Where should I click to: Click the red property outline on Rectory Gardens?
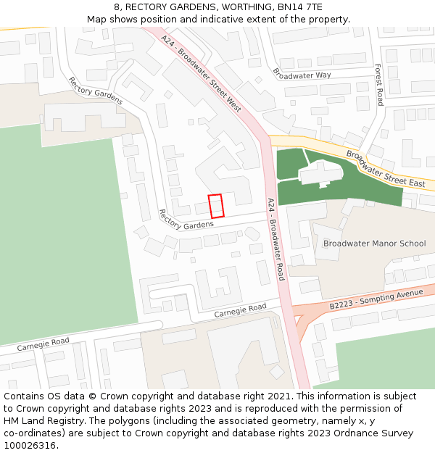tap(215, 206)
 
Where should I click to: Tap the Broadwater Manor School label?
tap(374, 244)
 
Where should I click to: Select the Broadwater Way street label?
tap(302, 75)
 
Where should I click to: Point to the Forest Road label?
tap(378, 84)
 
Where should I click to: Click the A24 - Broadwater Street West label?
tap(201, 73)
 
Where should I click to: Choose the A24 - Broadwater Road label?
tap(276, 239)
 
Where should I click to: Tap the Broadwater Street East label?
tap(385, 169)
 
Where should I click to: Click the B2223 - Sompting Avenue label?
tap(376, 299)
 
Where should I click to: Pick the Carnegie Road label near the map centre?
tap(240, 310)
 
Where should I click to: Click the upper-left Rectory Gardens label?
tap(95, 91)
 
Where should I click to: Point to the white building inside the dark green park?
tap(320, 173)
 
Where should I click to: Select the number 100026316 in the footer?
tap(29, 445)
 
